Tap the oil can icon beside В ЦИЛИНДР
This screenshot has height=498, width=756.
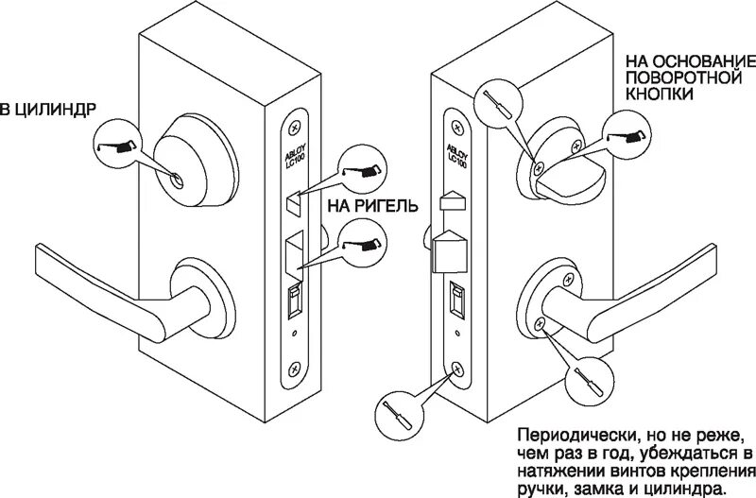(117, 146)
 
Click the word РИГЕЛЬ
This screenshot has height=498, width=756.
(383, 205)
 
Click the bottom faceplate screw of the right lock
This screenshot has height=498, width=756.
(457, 370)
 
